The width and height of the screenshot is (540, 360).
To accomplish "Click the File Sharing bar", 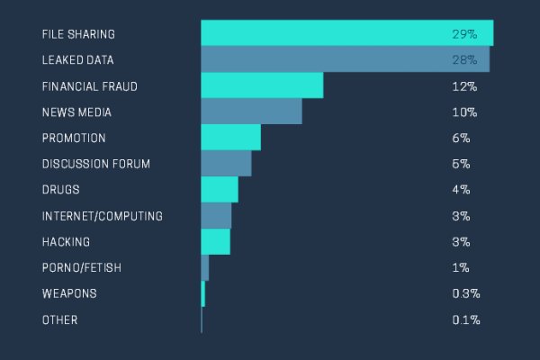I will click(x=346, y=33).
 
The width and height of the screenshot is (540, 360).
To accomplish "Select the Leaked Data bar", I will click(x=345, y=59).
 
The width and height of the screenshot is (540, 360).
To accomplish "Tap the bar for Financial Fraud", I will click(x=261, y=85).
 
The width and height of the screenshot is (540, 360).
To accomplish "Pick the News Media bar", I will click(x=251, y=112).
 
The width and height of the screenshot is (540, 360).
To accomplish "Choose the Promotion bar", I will click(x=230, y=138).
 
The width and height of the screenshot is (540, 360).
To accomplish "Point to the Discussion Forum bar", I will click(x=226, y=164).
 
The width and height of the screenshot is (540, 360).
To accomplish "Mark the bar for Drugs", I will click(x=219, y=190).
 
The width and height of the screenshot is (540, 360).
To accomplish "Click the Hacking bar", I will click(x=215, y=242).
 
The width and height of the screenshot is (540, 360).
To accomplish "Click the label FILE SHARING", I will click(x=78, y=34).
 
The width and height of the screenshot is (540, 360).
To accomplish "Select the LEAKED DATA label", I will click(x=78, y=60).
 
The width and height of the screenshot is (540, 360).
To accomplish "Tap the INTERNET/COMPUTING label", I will click(x=102, y=216).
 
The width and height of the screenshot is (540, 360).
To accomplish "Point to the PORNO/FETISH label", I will click(x=81, y=268).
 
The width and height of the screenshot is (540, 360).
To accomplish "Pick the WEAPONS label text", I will click(x=68, y=294).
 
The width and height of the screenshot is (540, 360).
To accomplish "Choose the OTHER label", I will click(x=59, y=320).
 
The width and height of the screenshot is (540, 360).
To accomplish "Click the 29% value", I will click(x=464, y=34).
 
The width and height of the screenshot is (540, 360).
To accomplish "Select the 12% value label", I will click(x=464, y=86).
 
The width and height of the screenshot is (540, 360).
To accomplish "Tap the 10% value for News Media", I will click(x=464, y=112).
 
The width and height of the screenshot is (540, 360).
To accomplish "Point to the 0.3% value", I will click(x=465, y=294).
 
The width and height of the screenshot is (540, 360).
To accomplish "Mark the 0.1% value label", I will click(x=465, y=320).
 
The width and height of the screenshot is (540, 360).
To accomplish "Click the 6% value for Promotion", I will click(x=461, y=139).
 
